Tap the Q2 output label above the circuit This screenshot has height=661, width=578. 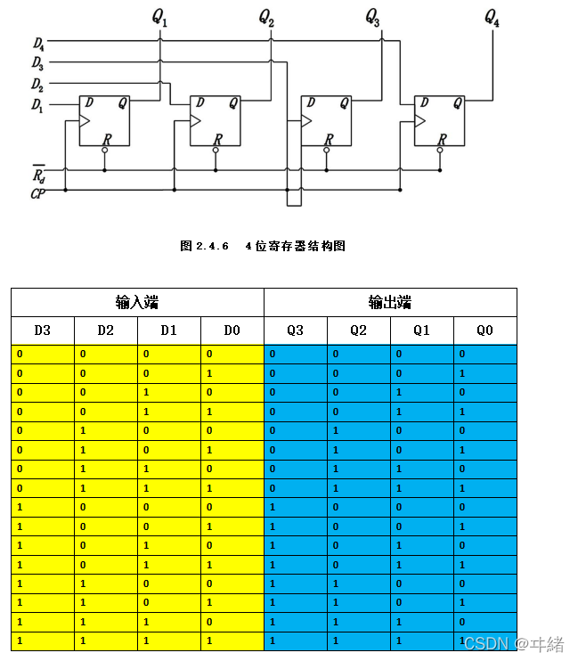pos(266,18)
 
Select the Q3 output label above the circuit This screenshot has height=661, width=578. pos(372,18)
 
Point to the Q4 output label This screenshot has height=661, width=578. pos(492,18)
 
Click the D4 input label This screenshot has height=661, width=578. pos(37,43)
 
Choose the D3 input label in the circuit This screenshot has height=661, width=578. pos(37,62)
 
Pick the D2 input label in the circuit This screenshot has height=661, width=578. pos(37,85)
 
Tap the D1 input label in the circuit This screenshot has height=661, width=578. pos(37,105)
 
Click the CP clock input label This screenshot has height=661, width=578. pos(38,192)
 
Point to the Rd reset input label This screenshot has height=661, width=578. pos(38,172)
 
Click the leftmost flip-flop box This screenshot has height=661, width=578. pos(104,120)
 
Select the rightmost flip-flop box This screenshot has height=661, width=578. pos(439,120)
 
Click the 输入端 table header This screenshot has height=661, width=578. pos(137,302)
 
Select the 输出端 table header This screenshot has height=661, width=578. pos(390,302)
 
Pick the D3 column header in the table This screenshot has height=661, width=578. pos(43,330)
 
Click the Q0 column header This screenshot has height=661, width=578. pos(484,330)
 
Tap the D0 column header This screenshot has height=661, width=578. pos(232,330)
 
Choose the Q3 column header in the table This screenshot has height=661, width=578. pos(295,330)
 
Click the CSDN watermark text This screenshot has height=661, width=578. pos(514,643)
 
